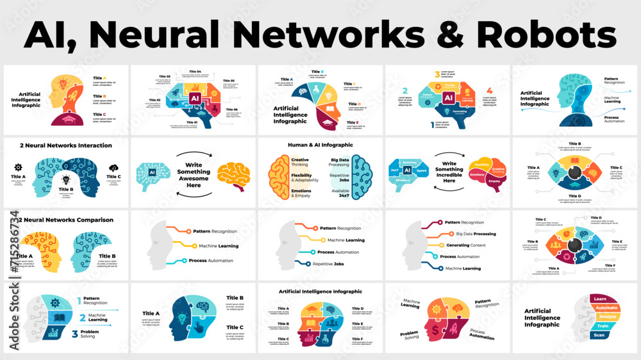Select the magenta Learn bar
[601, 299]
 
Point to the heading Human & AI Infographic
[320, 145]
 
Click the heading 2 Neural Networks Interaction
[66, 145]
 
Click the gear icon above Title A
[18, 167]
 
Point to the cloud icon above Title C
[113, 167]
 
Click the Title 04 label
[194, 72]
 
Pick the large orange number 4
[489, 91]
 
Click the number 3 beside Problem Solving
[75, 334]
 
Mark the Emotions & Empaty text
[301, 193]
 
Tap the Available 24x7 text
[340, 193]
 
